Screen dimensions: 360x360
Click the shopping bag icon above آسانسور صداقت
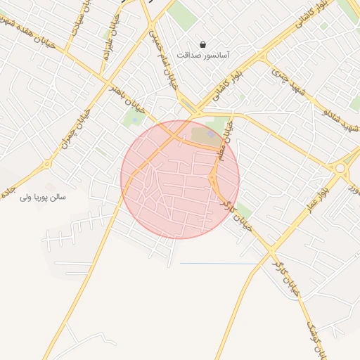click(203, 44)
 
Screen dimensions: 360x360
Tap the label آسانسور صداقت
click(203, 54)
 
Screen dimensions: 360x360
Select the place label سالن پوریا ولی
click(43, 198)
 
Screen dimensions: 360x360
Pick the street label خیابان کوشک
click(314, 331)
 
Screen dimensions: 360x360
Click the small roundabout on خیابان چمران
click(47, 165)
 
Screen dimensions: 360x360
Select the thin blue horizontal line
click(211, 263)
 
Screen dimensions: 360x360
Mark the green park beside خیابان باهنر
click(132, 118)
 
